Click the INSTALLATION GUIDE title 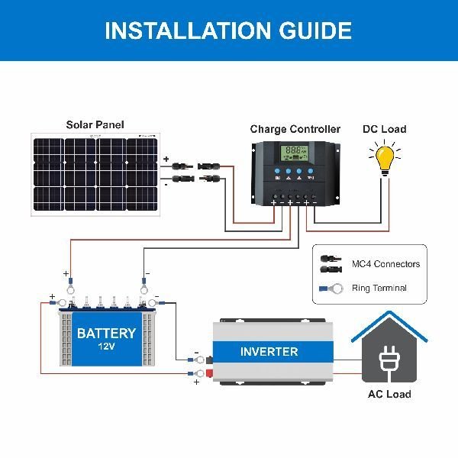tap(228, 31)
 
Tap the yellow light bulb tap(385, 161)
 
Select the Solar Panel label tap(95, 124)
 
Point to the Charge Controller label tap(295, 129)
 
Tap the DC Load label tap(384, 129)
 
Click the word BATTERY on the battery tap(106, 333)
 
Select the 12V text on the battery tap(106, 347)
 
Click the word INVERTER tap(269, 352)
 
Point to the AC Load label tap(389, 394)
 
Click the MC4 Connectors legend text tap(385, 264)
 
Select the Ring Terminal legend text tap(379, 289)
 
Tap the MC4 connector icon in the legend tap(332, 264)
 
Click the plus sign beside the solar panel tap(166, 160)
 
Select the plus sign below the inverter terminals tap(196, 381)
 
